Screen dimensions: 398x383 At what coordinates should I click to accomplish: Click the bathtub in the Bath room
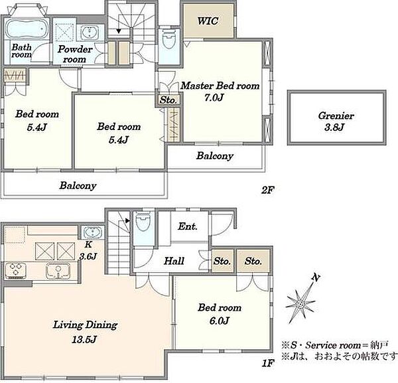[x=27, y=29]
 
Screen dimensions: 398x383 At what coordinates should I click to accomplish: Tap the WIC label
[x=208, y=21]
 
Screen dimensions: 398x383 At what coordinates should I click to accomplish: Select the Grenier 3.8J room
[x=336, y=117]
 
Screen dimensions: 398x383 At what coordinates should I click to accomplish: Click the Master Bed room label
[x=220, y=86]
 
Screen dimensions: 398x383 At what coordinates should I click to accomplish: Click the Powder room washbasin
[x=90, y=33]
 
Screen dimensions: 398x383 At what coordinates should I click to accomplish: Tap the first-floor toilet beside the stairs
[x=143, y=220]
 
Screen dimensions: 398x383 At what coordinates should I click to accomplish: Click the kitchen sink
[x=58, y=270]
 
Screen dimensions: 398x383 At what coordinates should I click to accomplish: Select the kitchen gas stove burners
[x=15, y=269]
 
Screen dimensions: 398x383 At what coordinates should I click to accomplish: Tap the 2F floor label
[x=268, y=190]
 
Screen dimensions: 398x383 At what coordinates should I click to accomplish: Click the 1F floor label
[x=268, y=363]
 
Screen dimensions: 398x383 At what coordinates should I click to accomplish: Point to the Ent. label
[x=188, y=226]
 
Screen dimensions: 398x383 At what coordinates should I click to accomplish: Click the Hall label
[x=174, y=261]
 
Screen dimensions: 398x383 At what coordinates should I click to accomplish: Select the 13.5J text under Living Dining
[x=84, y=339]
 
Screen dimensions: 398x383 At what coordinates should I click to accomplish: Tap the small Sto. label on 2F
[x=168, y=100]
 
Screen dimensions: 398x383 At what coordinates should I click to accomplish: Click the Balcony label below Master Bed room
[x=215, y=156]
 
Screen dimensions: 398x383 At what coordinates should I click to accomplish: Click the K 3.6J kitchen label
[x=88, y=250]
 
